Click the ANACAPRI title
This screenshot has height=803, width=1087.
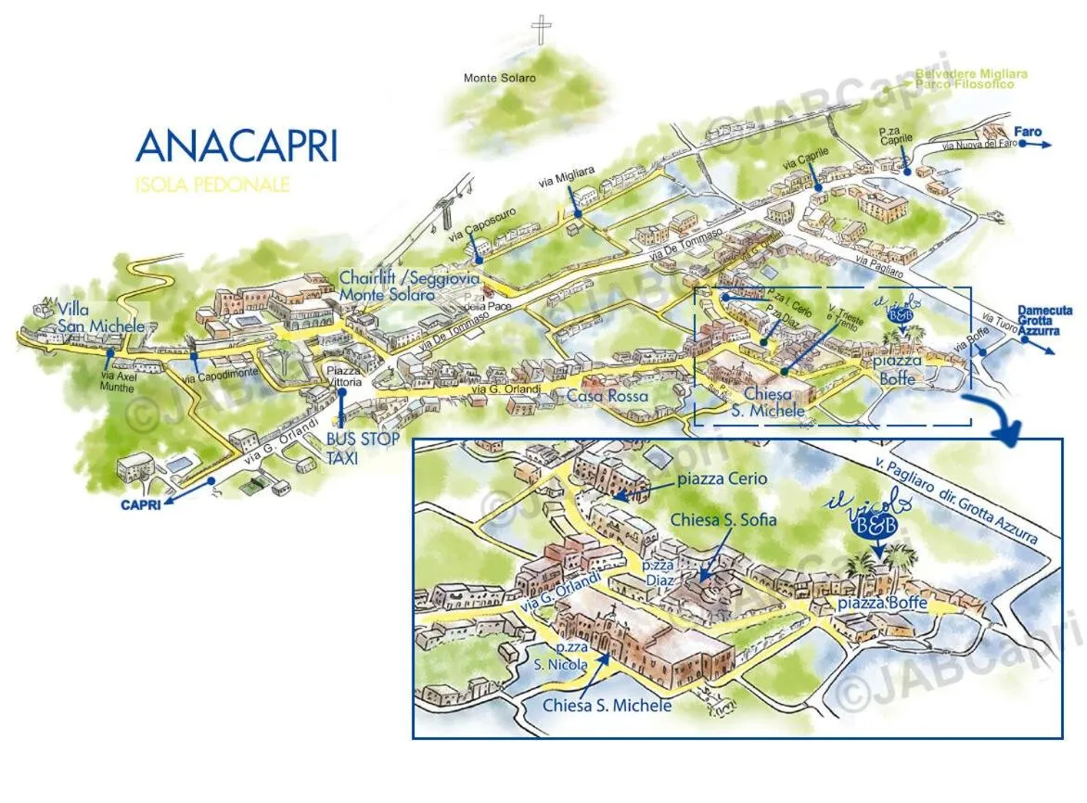coord(236,147)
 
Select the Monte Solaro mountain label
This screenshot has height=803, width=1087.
coord(500,78)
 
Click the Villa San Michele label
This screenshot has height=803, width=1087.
coord(100,317)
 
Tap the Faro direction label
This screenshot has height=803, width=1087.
coord(1028,133)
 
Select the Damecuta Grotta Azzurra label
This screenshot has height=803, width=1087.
coord(1044,320)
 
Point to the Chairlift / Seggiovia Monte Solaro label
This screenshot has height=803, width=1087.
coord(388,286)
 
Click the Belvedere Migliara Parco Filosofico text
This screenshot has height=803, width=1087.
coord(971,79)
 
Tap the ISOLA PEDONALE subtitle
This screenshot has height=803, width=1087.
coord(212,185)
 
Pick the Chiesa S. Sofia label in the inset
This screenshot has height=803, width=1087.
coord(723,520)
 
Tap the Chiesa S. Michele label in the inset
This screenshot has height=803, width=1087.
coord(607,706)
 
